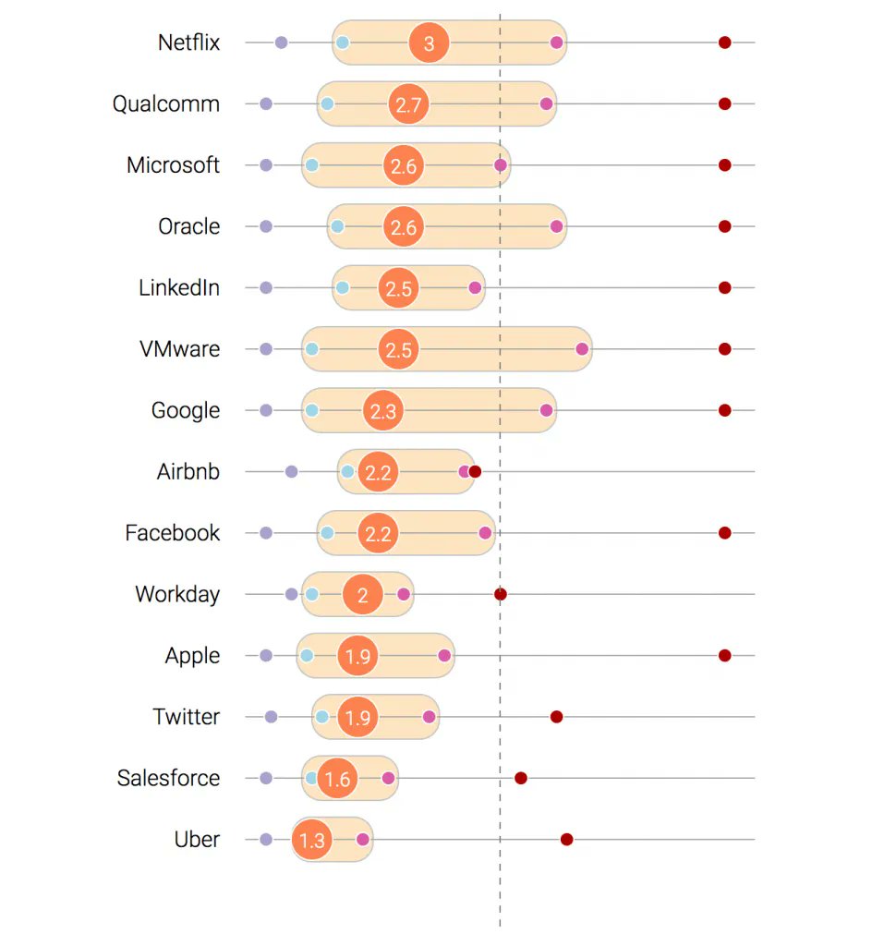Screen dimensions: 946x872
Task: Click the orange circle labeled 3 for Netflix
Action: (x=429, y=42)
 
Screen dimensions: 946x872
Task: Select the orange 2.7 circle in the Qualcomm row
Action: (x=408, y=104)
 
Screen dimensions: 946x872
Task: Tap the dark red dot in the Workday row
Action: (x=500, y=594)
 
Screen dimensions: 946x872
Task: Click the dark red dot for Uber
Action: (x=566, y=840)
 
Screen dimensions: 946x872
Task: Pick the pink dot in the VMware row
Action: (x=582, y=349)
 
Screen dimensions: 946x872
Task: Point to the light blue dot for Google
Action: (x=311, y=410)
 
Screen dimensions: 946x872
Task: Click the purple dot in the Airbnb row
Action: (x=291, y=472)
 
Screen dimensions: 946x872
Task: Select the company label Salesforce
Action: (x=168, y=778)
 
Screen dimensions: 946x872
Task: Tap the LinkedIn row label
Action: (x=179, y=287)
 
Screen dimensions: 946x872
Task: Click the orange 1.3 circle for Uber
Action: (x=312, y=840)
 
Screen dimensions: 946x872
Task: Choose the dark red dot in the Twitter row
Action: (x=556, y=717)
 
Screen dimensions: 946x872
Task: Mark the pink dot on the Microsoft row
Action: (x=500, y=165)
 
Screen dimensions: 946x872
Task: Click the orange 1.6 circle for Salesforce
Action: (x=337, y=778)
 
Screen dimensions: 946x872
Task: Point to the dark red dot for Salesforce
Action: (x=521, y=778)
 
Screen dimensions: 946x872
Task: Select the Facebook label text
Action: (x=173, y=533)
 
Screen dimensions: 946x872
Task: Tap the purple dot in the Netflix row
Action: (x=281, y=42)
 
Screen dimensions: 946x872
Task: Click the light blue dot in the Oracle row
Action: (x=337, y=226)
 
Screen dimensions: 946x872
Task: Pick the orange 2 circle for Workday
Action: (x=362, y=594)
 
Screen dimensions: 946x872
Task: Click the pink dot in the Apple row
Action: (x=444, y=656)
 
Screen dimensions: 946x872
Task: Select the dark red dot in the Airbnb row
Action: (x=476, y=471)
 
